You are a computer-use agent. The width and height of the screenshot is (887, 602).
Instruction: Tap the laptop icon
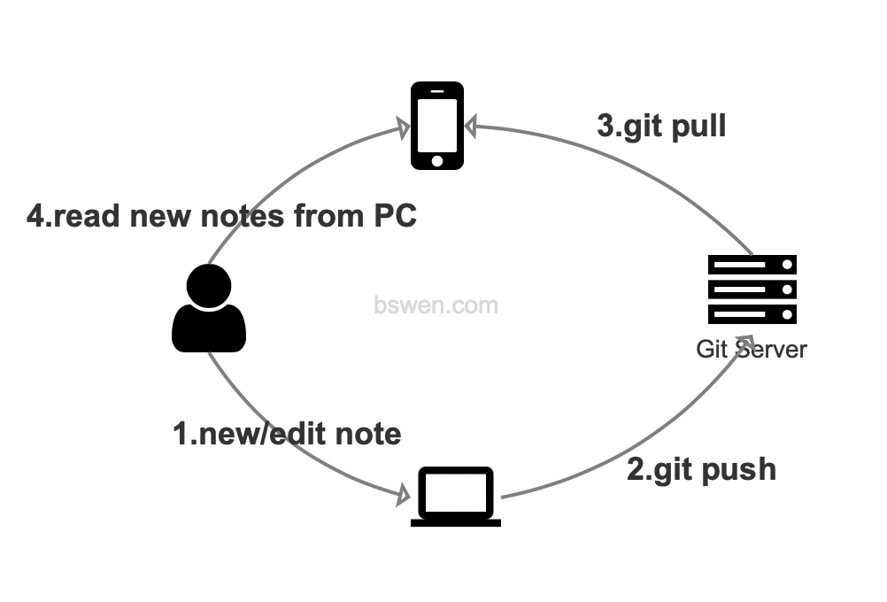point(456,497)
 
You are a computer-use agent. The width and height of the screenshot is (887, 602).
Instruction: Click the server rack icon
point(752,289)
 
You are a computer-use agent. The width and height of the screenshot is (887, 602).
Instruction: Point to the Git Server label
point(752,349)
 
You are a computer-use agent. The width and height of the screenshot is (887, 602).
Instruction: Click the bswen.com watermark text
point(436,305)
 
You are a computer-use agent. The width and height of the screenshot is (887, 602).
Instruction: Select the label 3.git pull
point(662,126)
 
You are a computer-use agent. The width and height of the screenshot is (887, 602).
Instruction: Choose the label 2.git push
point(701,468)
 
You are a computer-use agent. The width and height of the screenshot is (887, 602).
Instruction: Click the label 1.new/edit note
point(287,434)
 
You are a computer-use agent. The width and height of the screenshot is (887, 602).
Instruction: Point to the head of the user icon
point(209,285)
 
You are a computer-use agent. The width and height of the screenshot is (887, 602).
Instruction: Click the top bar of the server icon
point(752,264)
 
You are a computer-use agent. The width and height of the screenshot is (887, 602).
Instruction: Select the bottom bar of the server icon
point(752,313)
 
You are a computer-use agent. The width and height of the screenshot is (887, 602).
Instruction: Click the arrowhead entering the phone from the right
point(471,127)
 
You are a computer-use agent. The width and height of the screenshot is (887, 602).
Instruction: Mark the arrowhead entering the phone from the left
point(403,129)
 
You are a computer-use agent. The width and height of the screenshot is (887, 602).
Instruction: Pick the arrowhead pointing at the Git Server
point(747,343)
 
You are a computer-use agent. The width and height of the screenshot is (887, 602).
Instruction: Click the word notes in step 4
point(240,215)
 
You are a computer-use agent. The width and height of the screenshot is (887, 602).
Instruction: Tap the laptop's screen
point(456,492)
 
